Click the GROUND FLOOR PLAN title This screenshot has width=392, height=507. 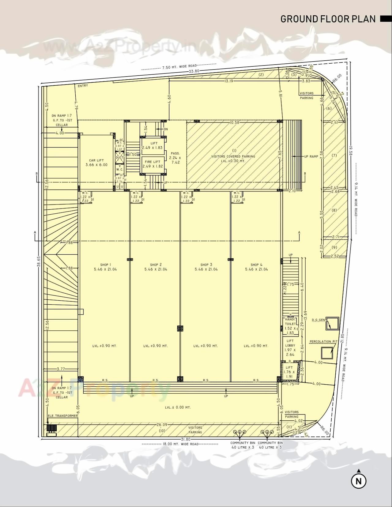pyautogui.click(x=328, y=19)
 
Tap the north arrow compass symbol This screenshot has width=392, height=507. pyautogui.click(x=359, y=481)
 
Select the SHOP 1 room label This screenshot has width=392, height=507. pyautogui.click(x=105, y=267)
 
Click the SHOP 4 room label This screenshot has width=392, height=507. pyautogui.click(x=256, y=267)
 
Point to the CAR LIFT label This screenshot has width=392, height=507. pyautogui.click(x=96, y=163)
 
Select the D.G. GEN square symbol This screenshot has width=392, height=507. pyautogui.click(x=332, y=324)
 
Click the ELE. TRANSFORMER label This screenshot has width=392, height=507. pyautogui.click(x=63, y=416)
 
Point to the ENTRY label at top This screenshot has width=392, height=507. pyautogui.click(x=83, y=86)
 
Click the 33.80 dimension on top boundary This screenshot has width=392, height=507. pyautogui.click(x=194, y=71)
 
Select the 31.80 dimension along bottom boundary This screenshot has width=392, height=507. pyautogui.click(x=186, y=440)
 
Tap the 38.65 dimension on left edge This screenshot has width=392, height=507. pyautogui.click(x=39, y=262)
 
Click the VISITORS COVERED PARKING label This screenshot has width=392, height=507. pyautogui.click(x=233, y=156)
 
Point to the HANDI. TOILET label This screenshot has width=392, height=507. pyautogui.click(x=290, y=321)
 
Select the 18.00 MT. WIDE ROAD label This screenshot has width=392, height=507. pyautogui.click(x=181, y=444)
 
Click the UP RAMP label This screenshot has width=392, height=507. pyautogui.click(x=311, y=156)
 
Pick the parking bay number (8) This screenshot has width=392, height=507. pyautogui.click(x=334, y=210)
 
